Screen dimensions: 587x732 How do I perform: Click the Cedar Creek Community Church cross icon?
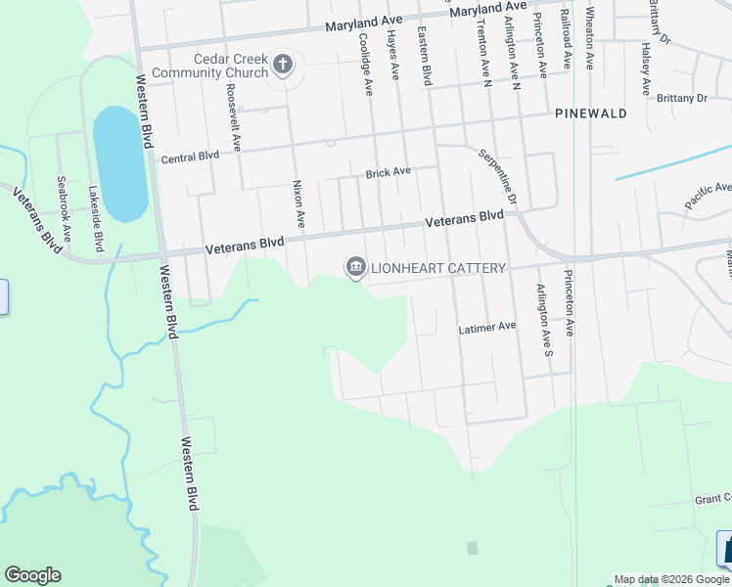coord(283,66)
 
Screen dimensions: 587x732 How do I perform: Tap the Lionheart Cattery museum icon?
coord(354,267)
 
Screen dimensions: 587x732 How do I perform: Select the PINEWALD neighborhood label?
coord(590,113)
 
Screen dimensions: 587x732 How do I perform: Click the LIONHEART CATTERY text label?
coord(437,268)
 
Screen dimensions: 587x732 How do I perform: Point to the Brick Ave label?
coord(388,173)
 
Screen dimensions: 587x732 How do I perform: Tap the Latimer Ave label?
coord(486,329)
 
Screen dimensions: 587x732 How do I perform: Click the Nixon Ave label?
coord(300,205)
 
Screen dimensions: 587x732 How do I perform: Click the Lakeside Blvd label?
coord(96,214)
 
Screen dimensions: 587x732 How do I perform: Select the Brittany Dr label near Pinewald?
coord(681,99)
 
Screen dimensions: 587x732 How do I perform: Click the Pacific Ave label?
coord(708,194)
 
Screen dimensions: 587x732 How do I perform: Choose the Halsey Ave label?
coord(645,68)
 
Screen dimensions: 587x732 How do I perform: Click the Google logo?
coord(32,575)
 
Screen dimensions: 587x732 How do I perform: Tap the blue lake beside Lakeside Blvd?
coord(119,163)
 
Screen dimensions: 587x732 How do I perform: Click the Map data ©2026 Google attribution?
coord(671,579)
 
